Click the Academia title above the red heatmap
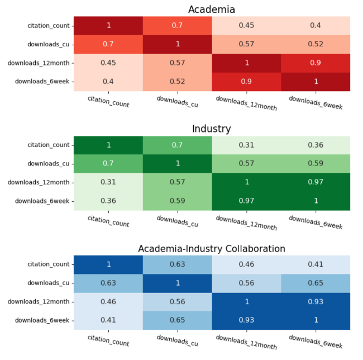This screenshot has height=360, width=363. coord(211,10)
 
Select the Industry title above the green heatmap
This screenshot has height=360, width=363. coord(211,129)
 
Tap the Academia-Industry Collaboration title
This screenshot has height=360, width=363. coord(211,248)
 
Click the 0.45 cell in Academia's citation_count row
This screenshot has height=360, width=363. coord(246,25)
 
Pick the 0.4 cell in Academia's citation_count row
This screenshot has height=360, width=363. coord(316,25)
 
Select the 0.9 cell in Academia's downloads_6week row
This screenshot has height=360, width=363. coord(246,81)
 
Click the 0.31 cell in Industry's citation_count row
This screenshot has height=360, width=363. coord(246,145)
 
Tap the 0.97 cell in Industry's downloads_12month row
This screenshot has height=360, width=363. coord(316,182)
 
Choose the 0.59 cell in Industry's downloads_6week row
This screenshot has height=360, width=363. coord(178,201)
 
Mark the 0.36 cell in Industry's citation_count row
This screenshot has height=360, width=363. coord(316,145)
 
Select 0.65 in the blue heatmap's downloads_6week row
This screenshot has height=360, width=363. coord(178,320)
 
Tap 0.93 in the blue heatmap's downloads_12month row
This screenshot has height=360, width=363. coord(316,301)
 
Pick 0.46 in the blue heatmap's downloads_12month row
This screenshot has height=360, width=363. coord(108,301)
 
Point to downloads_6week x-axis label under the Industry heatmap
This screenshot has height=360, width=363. coord(316,222)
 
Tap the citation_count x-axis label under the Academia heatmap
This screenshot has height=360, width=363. coord(108,101)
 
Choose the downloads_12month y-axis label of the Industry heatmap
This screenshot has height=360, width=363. coord(39,182)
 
